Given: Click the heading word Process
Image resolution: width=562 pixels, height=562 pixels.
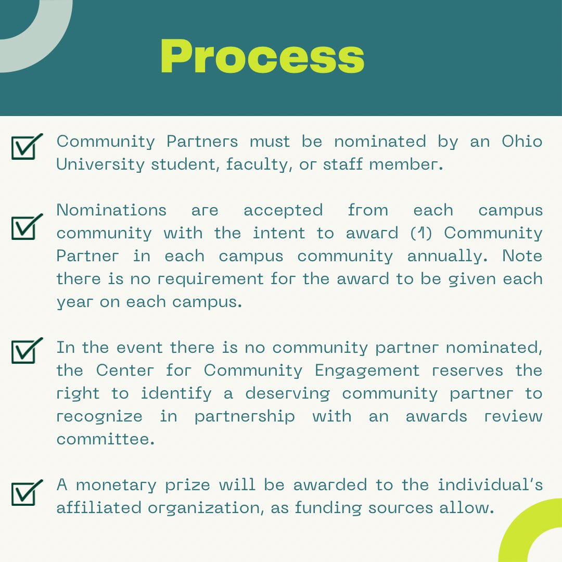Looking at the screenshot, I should [262, 57].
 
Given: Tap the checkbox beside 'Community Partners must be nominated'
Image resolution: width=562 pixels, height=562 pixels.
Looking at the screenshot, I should [26, 147].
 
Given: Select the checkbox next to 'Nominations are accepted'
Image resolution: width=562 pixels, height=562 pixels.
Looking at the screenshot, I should [26, 227].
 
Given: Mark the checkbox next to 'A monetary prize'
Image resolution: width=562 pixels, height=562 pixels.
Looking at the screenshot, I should [26, 493].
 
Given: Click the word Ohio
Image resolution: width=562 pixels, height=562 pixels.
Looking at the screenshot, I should [522, 142].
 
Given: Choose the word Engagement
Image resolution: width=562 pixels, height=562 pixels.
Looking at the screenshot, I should [367, 371].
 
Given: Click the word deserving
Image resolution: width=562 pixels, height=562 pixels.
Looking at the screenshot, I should [287, 394].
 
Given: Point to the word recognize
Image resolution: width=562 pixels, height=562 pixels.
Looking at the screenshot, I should [99, 416].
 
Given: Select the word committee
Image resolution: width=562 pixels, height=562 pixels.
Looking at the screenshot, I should [106, 439].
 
